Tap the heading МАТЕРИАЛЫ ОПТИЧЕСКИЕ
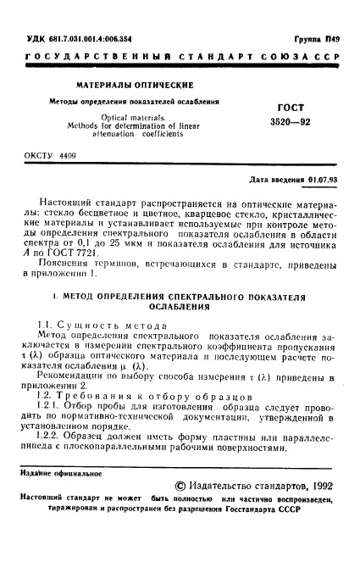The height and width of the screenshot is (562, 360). tap(136, 85)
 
